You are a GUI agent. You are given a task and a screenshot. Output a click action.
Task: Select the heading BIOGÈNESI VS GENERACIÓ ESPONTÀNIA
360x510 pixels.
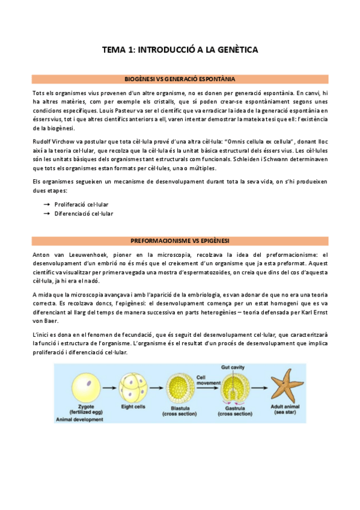click(180, 79)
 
